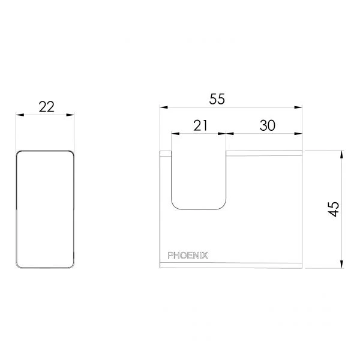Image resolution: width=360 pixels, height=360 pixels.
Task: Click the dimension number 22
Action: pos(47,107)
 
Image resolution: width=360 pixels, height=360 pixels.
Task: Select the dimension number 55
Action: pos(217,99)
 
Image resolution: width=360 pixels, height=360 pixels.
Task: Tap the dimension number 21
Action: pos(200,125)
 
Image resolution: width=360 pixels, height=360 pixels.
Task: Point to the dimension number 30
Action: pos(267,125)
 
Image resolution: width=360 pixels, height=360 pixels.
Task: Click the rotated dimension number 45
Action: pos(334,209)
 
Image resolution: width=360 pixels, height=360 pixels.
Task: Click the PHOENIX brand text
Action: pos(188,256)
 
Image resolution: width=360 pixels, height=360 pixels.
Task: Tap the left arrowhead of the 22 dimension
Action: pos(20,115)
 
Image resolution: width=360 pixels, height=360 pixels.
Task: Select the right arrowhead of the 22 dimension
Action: pos(70,115)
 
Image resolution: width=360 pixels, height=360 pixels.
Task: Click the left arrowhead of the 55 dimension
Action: pos(164,107)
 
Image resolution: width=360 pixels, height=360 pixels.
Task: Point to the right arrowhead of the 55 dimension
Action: pos(298,107)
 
